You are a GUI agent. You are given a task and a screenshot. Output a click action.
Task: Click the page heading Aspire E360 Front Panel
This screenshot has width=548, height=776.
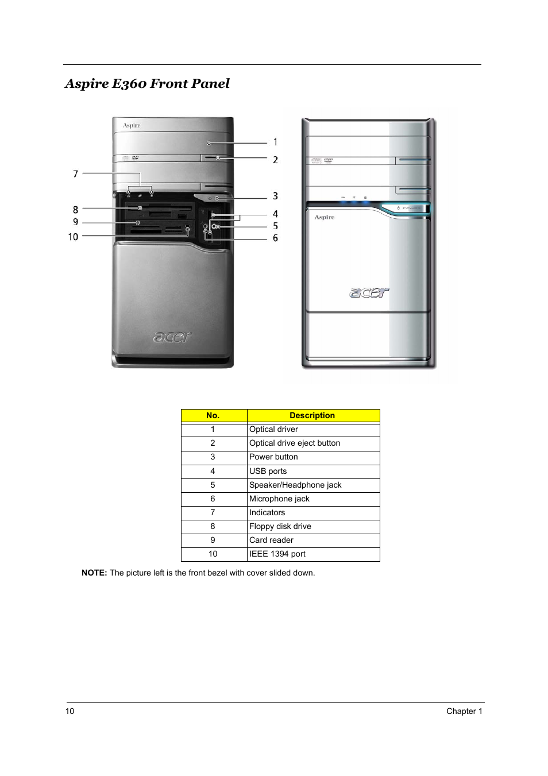coord(147,84)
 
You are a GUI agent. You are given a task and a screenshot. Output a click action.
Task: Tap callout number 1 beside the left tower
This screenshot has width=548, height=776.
coord(275,142)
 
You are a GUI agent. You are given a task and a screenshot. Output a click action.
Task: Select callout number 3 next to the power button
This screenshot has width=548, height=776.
coord(275,196)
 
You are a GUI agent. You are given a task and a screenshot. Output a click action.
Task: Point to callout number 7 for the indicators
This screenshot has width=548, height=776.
coord(75,173)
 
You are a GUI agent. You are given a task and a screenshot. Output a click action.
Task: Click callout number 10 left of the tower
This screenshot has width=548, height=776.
coord(73,237)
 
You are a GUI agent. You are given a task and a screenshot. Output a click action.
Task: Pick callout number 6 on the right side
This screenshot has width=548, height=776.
coord(275,238)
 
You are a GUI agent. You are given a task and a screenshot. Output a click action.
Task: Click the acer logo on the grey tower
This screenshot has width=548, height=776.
coord(172,337)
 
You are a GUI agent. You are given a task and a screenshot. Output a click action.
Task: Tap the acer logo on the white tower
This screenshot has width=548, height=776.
coord(369,292)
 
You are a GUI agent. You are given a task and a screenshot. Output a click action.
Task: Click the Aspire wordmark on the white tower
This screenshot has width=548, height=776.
coord(325,217)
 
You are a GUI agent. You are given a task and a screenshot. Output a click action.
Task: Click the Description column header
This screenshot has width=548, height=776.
coord(312,415)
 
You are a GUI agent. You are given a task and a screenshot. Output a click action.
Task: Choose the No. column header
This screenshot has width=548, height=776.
coord(213,415)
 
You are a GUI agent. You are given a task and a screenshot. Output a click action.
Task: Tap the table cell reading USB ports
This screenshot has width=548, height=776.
coord(268,471)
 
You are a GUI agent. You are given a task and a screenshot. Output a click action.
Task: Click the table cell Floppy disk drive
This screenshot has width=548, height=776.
coord(280,526)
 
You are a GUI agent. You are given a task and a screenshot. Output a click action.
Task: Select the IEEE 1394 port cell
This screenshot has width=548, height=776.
coord(277,554)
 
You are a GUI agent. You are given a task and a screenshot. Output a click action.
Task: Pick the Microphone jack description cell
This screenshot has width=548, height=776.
coord(279,499)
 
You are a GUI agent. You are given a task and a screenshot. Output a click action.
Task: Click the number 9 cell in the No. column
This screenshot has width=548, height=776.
coord(213,540)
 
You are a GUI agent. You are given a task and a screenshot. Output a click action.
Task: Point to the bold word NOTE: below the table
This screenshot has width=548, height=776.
coord(94,573)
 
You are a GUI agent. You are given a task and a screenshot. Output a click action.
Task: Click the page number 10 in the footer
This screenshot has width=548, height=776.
coord(70,711)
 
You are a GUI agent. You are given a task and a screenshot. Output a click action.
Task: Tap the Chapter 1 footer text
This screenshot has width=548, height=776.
coord(464,711)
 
